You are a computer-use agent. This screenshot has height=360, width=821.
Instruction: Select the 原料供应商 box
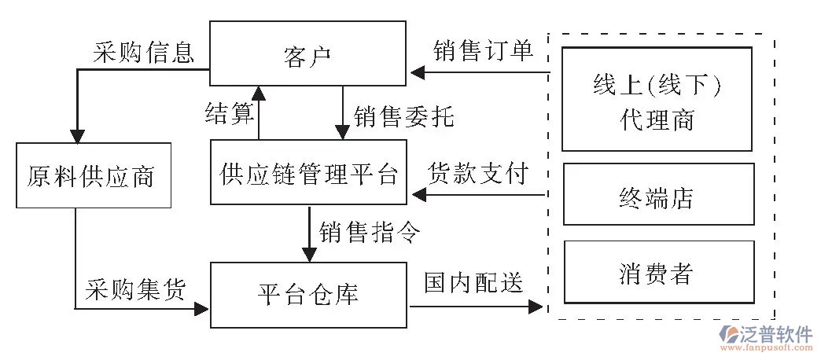pos(92,175)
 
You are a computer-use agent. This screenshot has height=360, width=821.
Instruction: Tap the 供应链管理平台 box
pos(307,172)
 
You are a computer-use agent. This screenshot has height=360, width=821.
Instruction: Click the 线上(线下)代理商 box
pos(657,99)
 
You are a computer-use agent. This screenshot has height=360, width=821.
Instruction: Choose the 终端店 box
pos(657,194)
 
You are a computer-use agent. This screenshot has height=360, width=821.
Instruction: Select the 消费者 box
pos(657,272)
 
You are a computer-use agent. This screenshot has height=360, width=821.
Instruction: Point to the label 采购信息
pos(142,52)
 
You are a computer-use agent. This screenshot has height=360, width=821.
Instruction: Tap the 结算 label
pos(227,114)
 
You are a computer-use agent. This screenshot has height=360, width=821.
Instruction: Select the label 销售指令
pos(370,232)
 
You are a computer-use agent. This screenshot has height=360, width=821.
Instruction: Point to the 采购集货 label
pos(134,290)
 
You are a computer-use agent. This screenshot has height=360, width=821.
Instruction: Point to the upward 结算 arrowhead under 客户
pos(258,94)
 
